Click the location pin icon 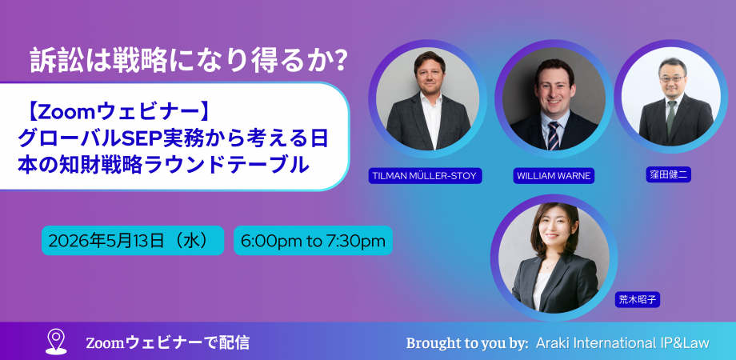[56, 342]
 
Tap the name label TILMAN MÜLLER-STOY [426, 176]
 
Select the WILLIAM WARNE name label [554, 176]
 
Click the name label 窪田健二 [669, 175]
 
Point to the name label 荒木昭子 [638, 300]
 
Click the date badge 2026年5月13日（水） [133, 240]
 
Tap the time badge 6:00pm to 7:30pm [313, 240]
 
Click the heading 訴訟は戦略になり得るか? [189, 61]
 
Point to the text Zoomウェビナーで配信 [167, 342]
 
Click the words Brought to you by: [467, 343]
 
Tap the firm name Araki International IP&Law [622, 342]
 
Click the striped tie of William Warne [554, 136]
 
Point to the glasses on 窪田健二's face [672, 78]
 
